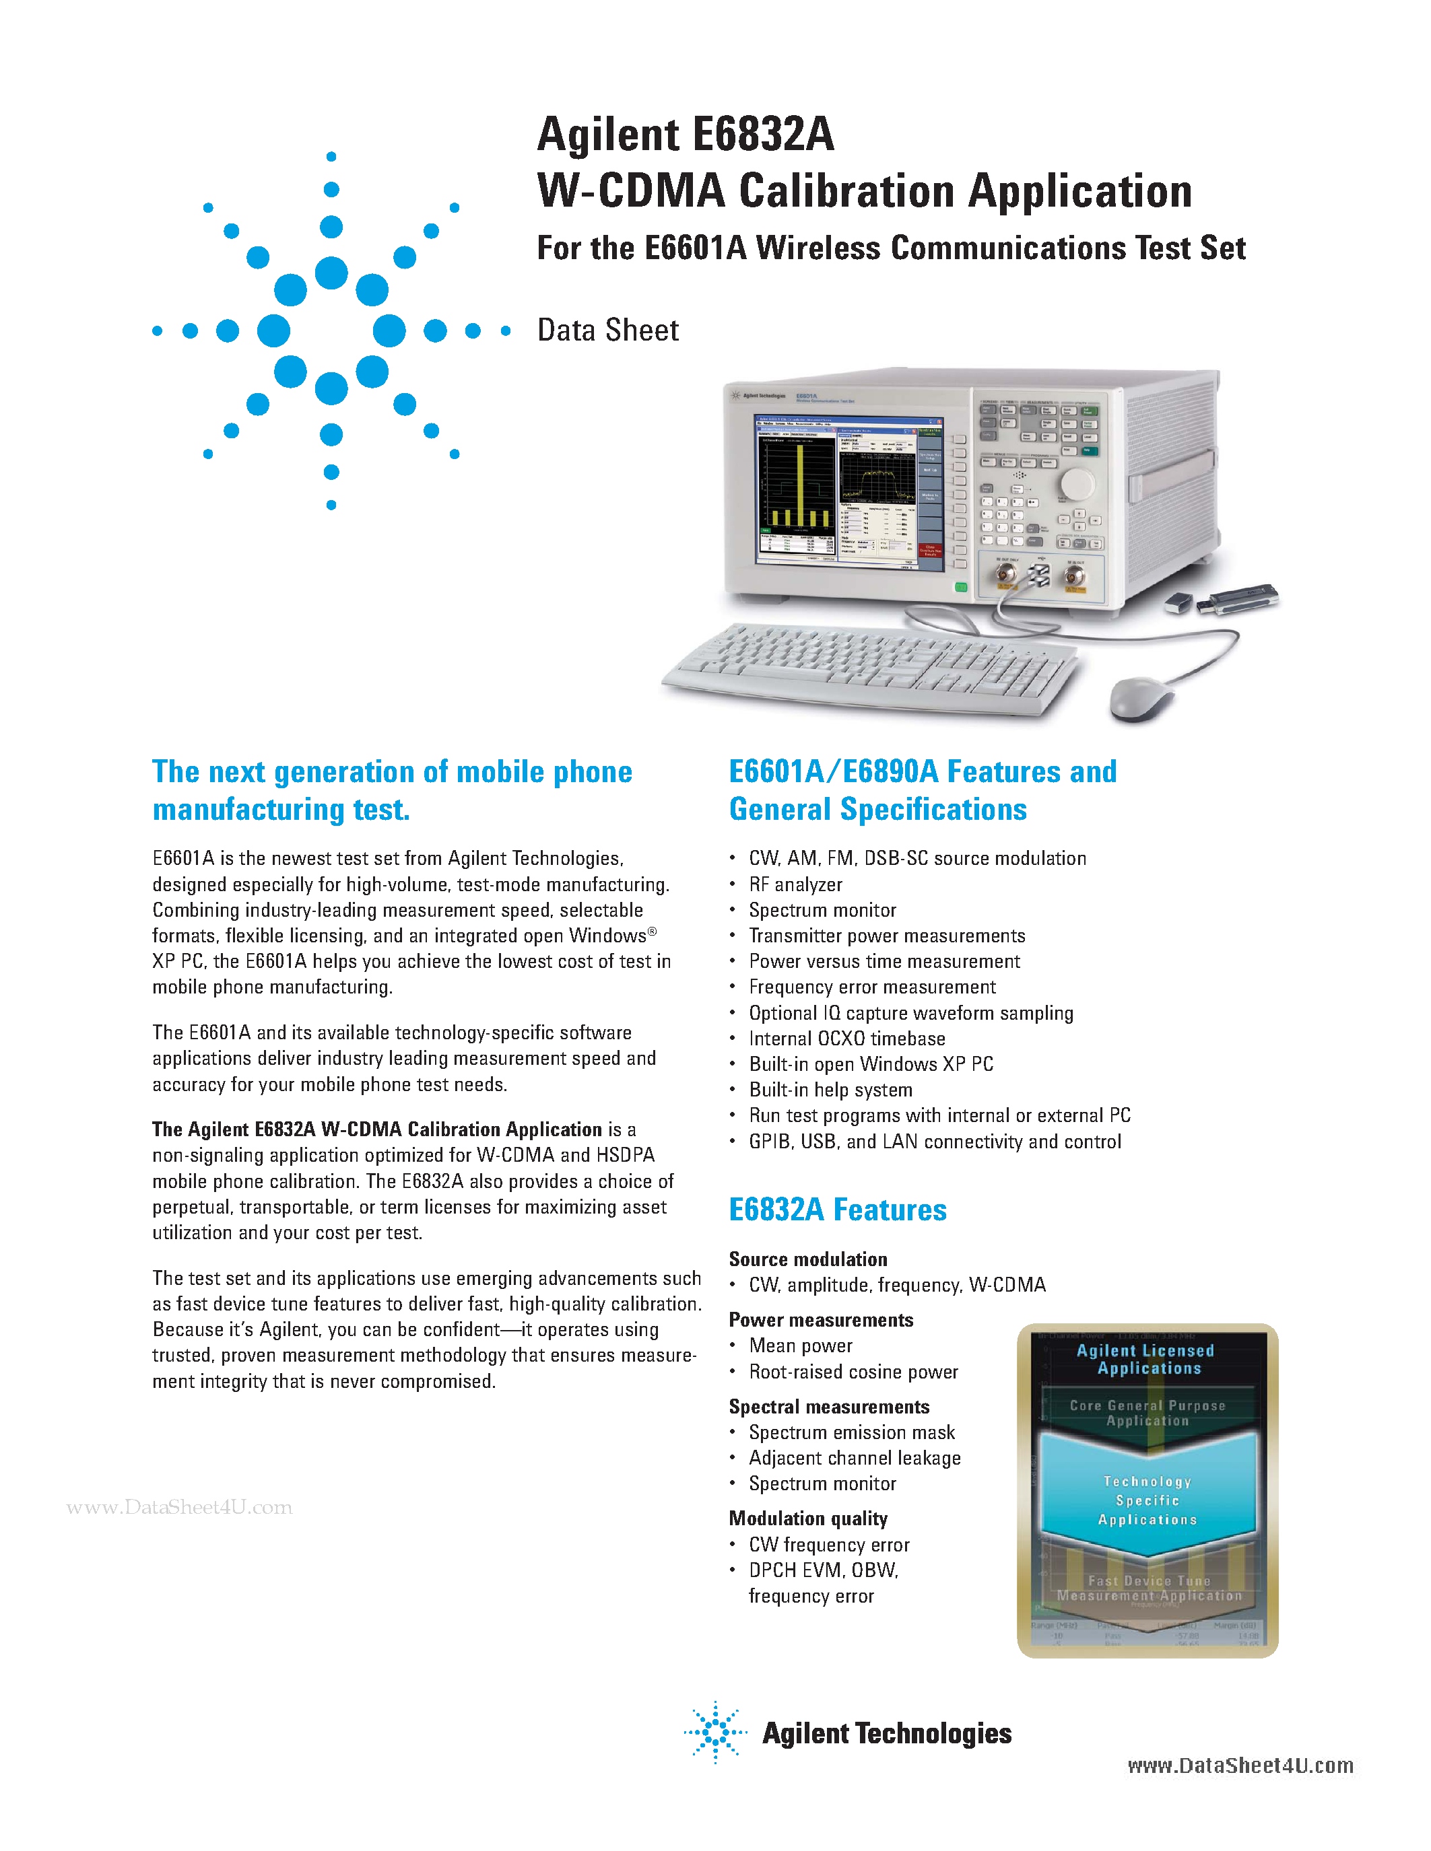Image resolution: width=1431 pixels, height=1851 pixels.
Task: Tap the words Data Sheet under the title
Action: coord(608,330)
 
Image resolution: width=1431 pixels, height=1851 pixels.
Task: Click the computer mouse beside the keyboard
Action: coord(1140,697)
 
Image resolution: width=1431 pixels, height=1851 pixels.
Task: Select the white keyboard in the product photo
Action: coord(869,667)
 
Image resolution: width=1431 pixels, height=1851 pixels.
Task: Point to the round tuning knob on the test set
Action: coord(1077,484)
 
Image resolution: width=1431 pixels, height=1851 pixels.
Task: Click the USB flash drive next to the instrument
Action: coord(1238,598)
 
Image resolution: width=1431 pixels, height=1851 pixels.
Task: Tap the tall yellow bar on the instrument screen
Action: coord(799,483)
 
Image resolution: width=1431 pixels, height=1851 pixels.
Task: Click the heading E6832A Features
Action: coord(838,1210)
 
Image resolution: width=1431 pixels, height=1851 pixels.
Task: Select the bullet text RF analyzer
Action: coord(795,885)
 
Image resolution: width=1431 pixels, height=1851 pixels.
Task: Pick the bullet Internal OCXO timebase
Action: coord(847,1039)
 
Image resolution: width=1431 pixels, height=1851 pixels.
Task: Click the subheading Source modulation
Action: coord(808,1259)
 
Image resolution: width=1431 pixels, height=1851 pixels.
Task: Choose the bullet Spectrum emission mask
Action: coord(851,1432)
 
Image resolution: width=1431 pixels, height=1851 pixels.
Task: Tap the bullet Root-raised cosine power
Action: coord(853,1372)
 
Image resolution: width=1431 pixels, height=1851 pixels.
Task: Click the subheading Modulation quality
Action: coord(808,1518)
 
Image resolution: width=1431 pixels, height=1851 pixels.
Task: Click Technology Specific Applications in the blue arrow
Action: coord(1147,1500)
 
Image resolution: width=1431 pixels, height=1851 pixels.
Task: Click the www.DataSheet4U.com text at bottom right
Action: coord(1239,1766)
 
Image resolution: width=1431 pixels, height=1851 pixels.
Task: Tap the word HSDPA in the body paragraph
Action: coord(625,1155)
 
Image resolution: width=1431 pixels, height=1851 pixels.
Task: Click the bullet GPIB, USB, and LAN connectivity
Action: coord(934,1142)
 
